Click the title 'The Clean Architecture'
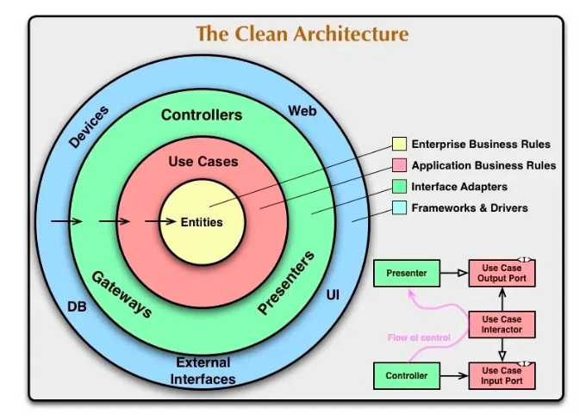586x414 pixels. (x=302, y=34)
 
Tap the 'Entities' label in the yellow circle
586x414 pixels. (x=202, y=222)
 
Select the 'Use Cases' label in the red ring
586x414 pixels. (x=203, y=162)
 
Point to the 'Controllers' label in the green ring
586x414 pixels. (x=202, y=115)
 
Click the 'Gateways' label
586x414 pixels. (x=122, y=294)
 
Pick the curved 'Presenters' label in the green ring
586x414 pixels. (x=286, y=283)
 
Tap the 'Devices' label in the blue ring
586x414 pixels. (x=89, y=127)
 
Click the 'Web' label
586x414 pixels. (x=302, y=111)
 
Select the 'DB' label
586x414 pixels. (x=77, y=307)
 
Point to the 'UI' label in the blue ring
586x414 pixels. (x=333, y=295)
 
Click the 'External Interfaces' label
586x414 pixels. (x=203, y=371)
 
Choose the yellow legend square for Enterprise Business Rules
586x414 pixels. (x=399, y=144)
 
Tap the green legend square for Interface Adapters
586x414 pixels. (x=399, y=186)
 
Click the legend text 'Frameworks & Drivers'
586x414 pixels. (x=470, y=208)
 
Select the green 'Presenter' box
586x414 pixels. (x=407, y=273)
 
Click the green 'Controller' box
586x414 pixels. (x=407, y=375)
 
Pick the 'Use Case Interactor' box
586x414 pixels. (x=502, y=324)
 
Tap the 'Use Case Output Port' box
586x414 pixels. (x=502, y=273)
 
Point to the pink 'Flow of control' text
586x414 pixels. (x=419, y=338)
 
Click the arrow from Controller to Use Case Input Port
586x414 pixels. (x=454, y=375)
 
